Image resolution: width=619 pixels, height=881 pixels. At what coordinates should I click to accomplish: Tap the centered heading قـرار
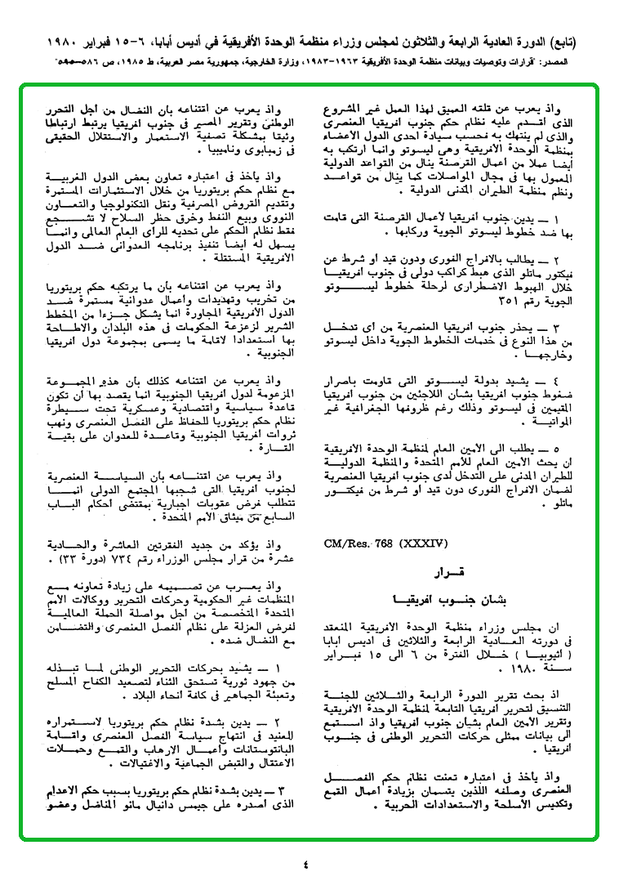tap(456, 572)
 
